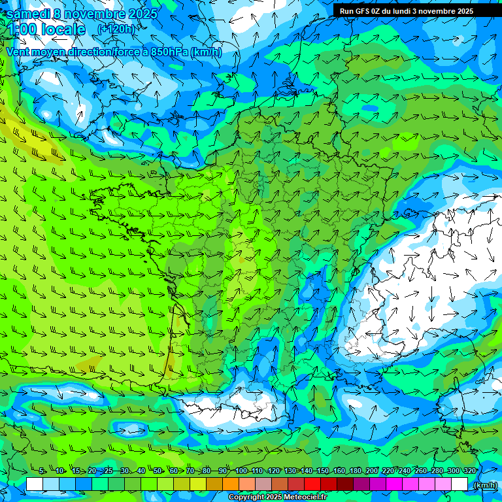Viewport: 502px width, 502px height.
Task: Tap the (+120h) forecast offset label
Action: coord(116,29)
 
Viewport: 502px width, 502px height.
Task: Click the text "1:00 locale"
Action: coord(47,29)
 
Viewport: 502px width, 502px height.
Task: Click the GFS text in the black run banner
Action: coord(364,11)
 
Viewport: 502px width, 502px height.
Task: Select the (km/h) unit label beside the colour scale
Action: coord(484,484)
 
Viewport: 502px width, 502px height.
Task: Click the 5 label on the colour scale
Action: coord(42,471)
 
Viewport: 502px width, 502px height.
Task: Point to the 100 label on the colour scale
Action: coord(241,471)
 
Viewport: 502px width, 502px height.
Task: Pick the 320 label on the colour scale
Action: coord(470,471)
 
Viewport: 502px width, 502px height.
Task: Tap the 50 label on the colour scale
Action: coord(157,471)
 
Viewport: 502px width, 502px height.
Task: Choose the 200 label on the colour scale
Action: coord(372,471)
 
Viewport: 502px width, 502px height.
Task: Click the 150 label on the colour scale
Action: coord(323,471)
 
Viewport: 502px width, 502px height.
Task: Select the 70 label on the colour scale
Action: coord(190,471)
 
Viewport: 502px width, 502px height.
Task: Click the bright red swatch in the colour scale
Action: coord(312,484)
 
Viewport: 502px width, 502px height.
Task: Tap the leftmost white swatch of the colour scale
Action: coord(35,484)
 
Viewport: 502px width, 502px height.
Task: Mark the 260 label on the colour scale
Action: coord(421,471)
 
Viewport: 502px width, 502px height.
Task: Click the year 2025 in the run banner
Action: coord(465,11)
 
